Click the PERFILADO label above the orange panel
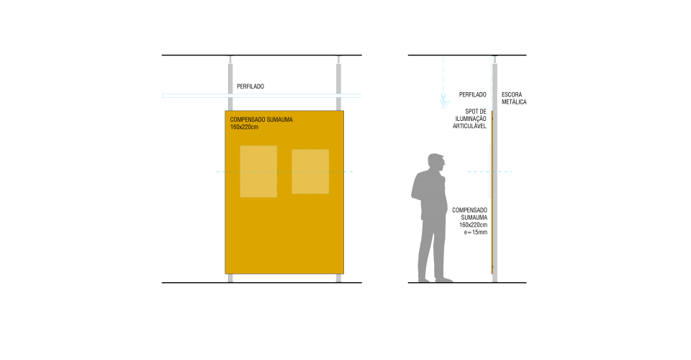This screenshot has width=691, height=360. click(250, 86)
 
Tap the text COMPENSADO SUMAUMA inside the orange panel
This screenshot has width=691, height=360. click(261, 120)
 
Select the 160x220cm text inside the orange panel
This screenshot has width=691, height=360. click(244, 127)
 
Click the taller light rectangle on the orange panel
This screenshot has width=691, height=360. click(258, 171)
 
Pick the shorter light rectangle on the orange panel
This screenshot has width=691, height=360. click(310, 171)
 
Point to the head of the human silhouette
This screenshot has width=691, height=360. click(436, 162)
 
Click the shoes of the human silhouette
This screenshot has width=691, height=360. click(435, 279)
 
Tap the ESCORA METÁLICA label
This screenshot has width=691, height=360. click(514, 98)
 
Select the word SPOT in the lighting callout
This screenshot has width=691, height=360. click(471, 112)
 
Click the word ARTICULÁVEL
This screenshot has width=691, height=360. click(469, 126)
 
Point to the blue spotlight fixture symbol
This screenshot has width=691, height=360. click(444, 102)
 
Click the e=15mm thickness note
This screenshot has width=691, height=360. click(476, 233)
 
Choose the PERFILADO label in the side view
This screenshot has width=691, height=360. click(472, 95)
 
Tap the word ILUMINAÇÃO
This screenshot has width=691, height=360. click(471, 119)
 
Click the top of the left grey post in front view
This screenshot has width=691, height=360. click(230, 56)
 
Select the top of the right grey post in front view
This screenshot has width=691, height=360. click(338, 56)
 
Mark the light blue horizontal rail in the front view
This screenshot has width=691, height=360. click(262, 96)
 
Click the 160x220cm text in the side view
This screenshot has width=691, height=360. click(474, 225)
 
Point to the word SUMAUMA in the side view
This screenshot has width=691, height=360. click(474, 217)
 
